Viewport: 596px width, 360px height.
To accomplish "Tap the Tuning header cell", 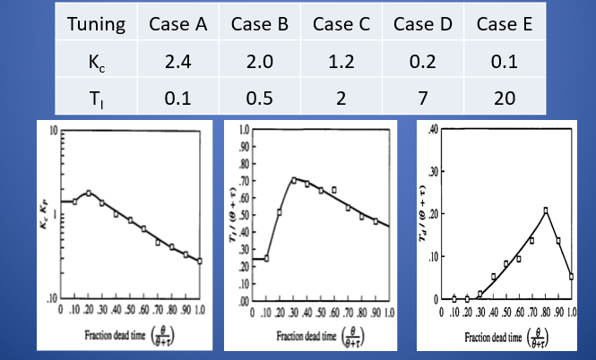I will tap(95, 22).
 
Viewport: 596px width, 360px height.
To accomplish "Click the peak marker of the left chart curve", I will tap(88, 193).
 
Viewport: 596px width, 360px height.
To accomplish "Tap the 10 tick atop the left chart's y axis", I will tap(54, 131).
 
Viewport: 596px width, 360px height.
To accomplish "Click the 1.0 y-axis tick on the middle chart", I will tap(243, 131).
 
